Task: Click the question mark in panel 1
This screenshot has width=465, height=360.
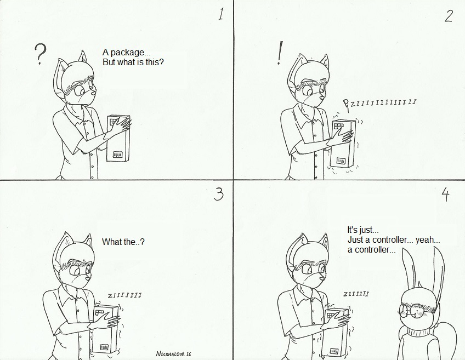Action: (41, 54)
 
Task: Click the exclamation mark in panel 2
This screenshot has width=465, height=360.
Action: (279, 53)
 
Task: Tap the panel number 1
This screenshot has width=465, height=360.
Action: (221, 14)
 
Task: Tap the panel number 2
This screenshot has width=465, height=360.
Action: (449, 16)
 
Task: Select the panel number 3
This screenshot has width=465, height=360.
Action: (218, 195)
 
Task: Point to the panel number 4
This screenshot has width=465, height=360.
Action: (446, 195)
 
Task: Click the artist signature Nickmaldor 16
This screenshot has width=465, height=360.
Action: (173, 353)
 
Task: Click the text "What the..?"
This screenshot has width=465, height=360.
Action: (123, 242)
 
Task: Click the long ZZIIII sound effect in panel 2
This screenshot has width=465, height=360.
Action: (380, 103)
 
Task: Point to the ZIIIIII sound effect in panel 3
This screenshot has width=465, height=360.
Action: (124, 295)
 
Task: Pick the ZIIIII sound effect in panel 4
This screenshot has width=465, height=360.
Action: (356, 294)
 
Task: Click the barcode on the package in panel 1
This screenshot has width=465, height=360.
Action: (118, 155)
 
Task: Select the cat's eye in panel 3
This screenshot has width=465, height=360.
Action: (74, 271)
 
